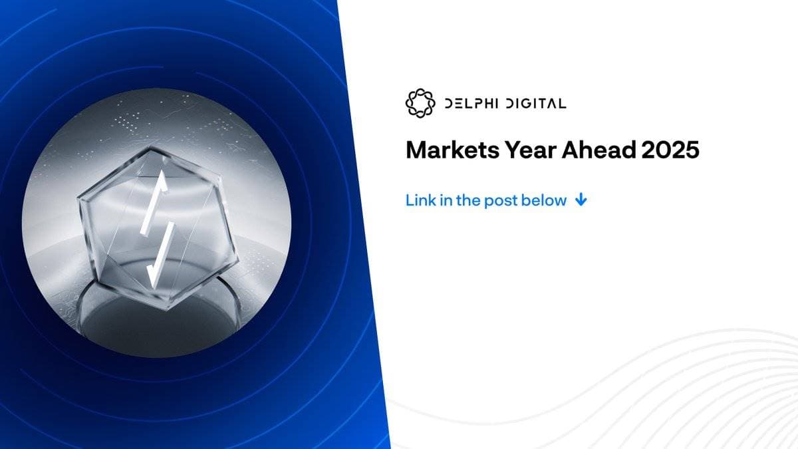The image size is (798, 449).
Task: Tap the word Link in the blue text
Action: click(420, 200)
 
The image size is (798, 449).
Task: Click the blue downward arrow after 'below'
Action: click(581, 200)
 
